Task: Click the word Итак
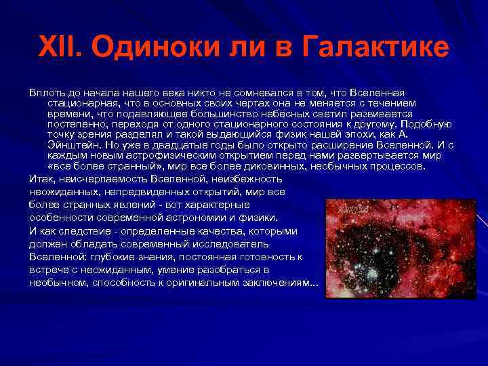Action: pyautogui.click(x=41, y=179)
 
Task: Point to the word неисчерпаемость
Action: pyautogui.click(x=99, y=179)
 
